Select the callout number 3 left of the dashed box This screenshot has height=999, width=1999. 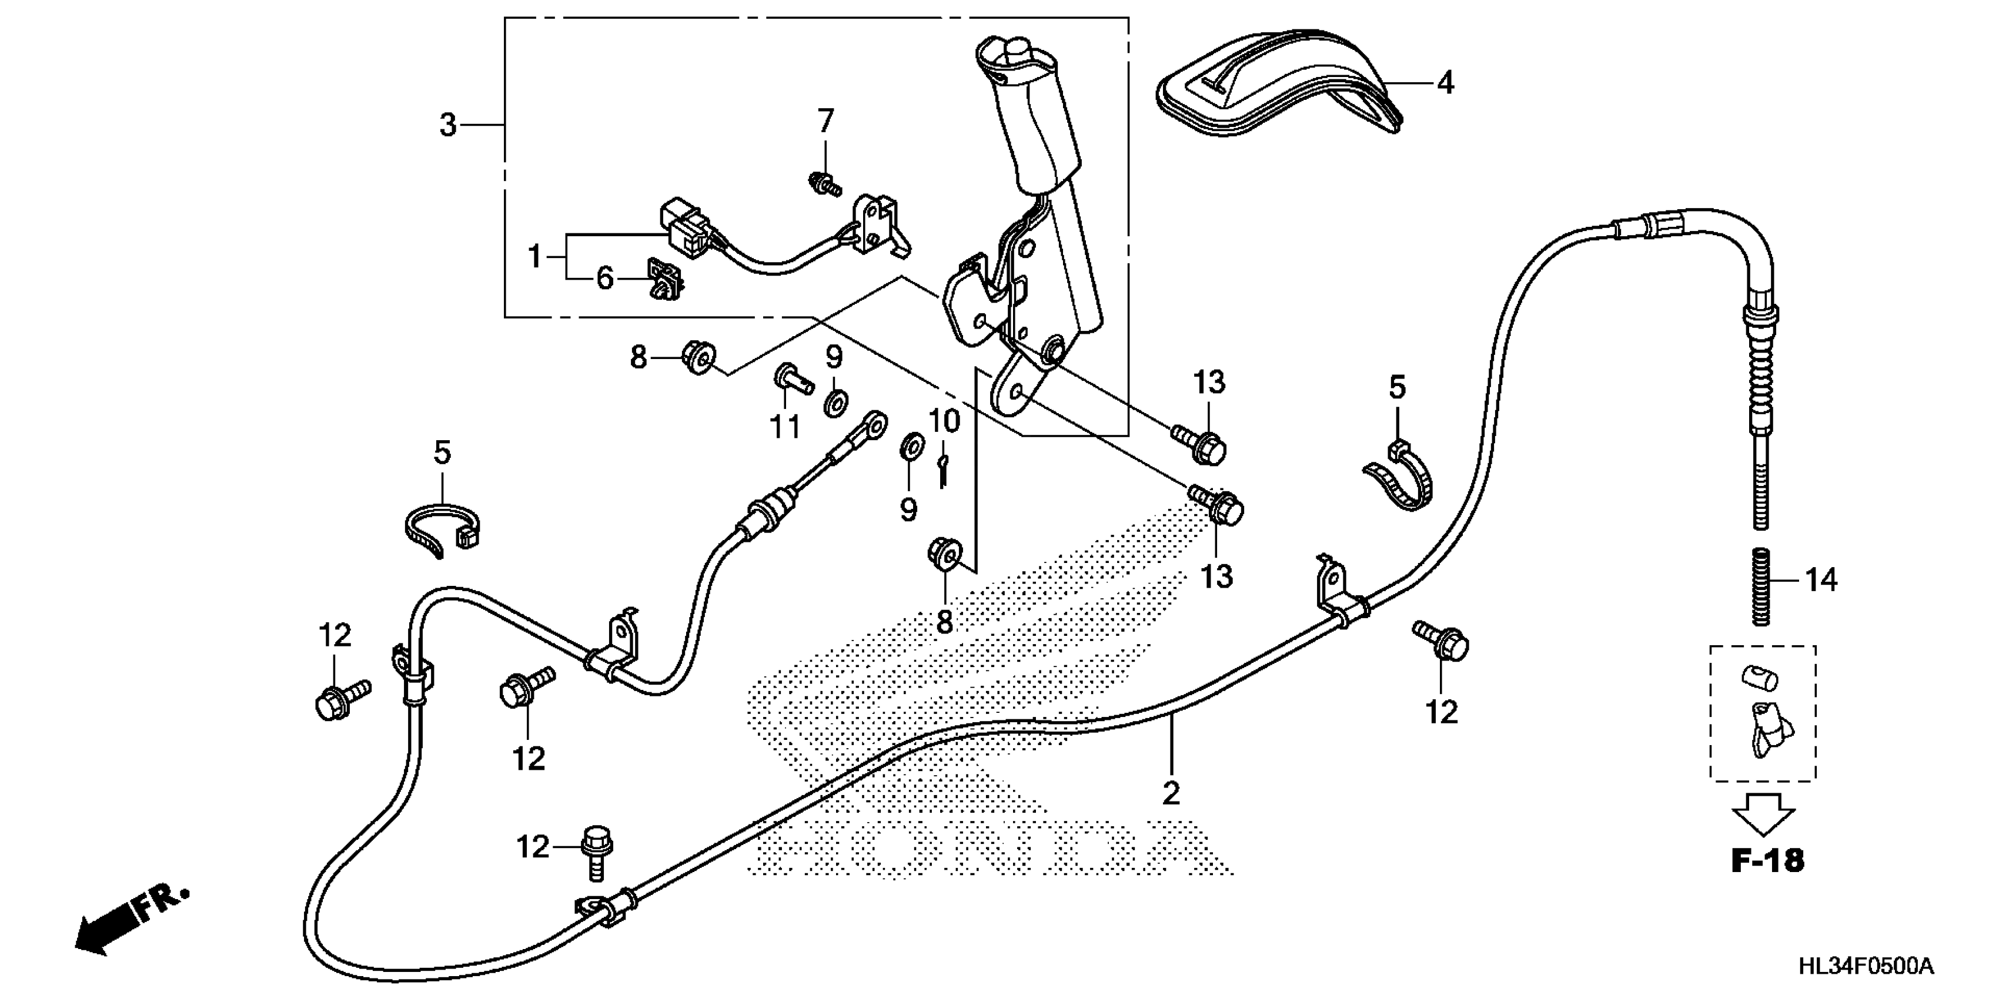448,125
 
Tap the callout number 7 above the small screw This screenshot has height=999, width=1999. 825,121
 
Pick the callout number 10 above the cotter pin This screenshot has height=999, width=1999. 944,422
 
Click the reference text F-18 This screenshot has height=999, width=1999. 1768,860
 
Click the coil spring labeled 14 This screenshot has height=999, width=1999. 1763,586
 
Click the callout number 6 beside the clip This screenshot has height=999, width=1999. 604,278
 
